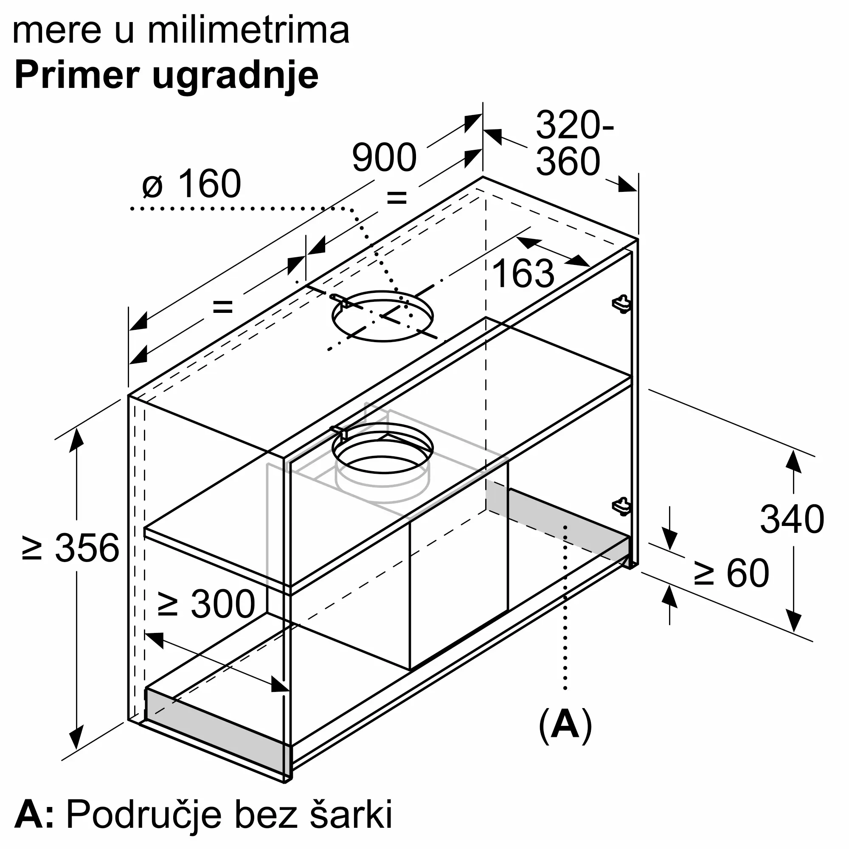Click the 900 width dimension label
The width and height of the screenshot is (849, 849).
[384, 157]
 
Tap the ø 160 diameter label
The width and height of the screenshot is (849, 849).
[191, 183]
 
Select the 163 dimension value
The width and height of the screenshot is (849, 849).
[523, 273]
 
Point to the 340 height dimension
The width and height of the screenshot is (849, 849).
[792, 519]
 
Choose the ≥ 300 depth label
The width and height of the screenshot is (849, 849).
[207, 604]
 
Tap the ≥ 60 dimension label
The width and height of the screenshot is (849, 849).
[732, 573]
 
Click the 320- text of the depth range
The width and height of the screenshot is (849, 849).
[575, 125]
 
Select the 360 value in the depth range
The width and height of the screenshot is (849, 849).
[568, 161]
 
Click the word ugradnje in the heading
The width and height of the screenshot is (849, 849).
[236, 77]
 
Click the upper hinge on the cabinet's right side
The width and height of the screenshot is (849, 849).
[621, 303]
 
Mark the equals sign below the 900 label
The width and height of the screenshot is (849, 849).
[396, 198]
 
